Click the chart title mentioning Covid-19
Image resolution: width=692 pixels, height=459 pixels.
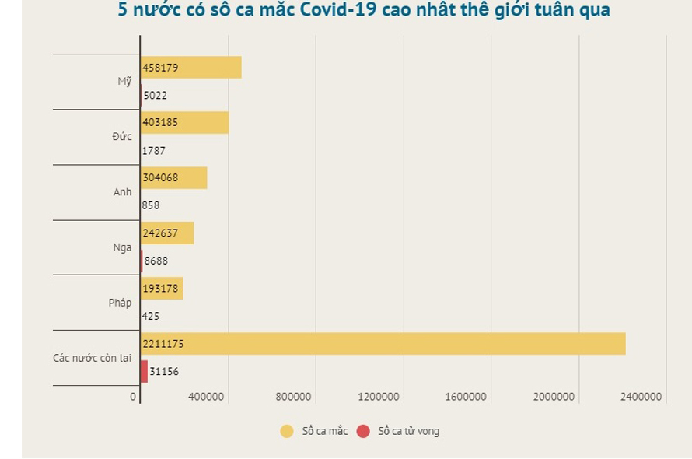point(364,10)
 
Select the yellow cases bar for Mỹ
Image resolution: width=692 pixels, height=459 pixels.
point(191,68)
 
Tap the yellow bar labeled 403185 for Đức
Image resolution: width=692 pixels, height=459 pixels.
point(185,122)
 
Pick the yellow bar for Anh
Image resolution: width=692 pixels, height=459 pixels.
point(174,177)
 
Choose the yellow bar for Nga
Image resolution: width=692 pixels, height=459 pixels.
point(167,233)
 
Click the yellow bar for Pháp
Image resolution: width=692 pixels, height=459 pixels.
point(162,289)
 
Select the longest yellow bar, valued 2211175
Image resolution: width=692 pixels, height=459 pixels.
point(383,344)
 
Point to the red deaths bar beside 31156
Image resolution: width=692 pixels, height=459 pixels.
point(144,371)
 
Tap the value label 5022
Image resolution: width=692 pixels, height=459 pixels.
point(155,96)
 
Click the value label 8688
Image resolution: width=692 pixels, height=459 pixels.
point(156,261)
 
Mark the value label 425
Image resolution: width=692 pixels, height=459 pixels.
point(151,316)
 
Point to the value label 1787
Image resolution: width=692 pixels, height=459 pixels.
point(153,151)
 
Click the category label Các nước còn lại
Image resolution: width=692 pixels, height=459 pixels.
point(92,358)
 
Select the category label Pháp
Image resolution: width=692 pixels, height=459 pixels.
point(120,303)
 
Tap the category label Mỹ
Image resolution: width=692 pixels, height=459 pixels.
point(124,82)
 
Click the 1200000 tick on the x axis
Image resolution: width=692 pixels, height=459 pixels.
point(379,397)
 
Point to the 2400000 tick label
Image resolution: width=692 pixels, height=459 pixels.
point(641,397)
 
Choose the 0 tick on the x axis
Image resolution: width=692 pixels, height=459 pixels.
point(133,397)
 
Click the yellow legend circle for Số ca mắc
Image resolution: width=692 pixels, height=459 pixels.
point(287,431)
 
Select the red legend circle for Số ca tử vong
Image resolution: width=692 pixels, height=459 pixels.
point(363,431)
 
